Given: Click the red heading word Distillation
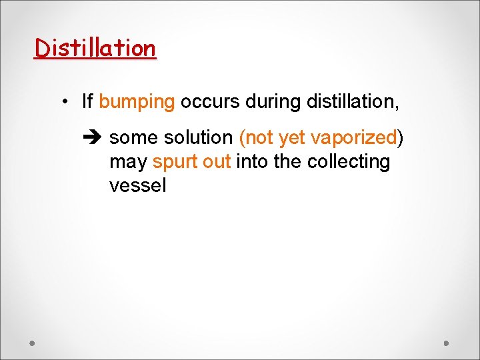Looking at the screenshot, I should [x=95, y=48].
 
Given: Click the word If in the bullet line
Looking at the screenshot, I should [x=87, y=102].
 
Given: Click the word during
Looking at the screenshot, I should [x=273, y=102].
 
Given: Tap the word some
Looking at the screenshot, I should [x=132, y=138].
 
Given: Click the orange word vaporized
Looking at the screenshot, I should [x=353, y=138].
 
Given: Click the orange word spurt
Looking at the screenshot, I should [x=173, y=162].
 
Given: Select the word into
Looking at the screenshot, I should [x=252, y=162].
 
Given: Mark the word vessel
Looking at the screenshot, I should [x=137, y=185].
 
